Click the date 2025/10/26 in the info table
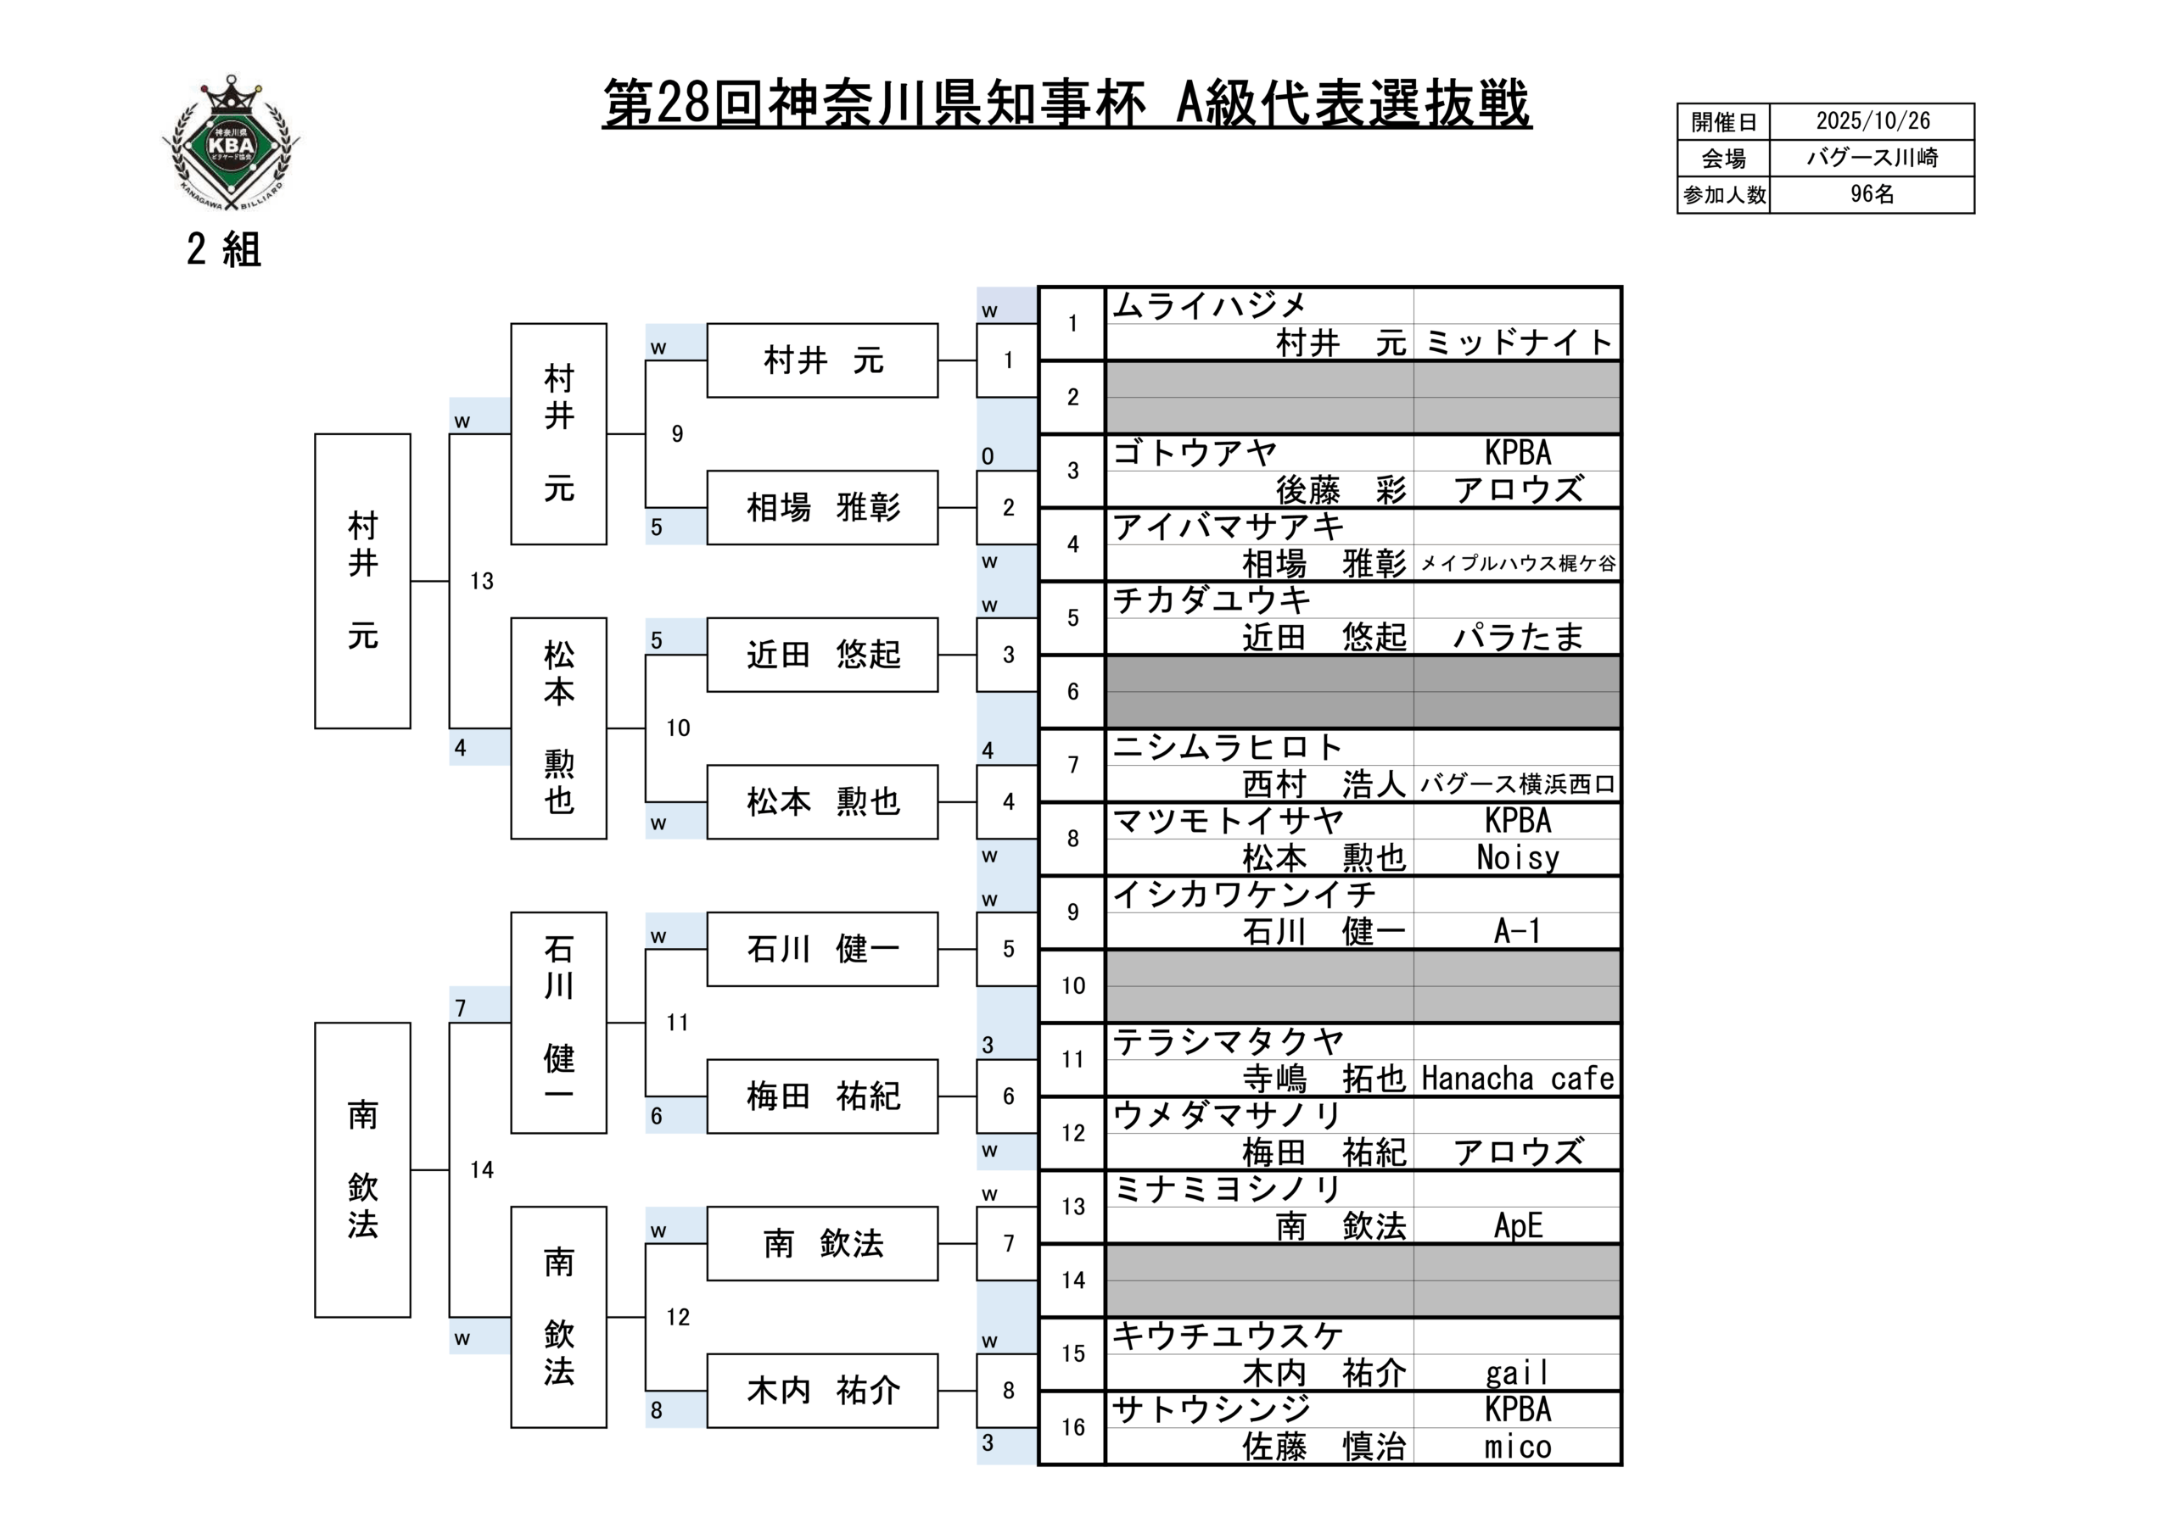pos(1873,121)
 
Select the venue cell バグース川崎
pos(1873,158)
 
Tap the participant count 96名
pos(1873,195)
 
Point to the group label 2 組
pos(223,249)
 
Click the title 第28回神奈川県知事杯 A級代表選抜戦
pos(1066,103)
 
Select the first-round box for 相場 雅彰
pos(822,508)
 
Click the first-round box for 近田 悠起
pos(822,655)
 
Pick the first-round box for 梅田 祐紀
pos(822,1096)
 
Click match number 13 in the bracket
pos(482,582)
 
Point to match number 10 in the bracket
pos(677,728)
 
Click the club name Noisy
pos(1516,858)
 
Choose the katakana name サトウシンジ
pos(1212,1409)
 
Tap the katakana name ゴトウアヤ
pos(1195,453)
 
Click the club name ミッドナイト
pos(1516,343)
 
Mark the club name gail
pos(1516,1372)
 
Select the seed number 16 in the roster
pos(1072,1427)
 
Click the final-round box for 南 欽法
pos(362,1170)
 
